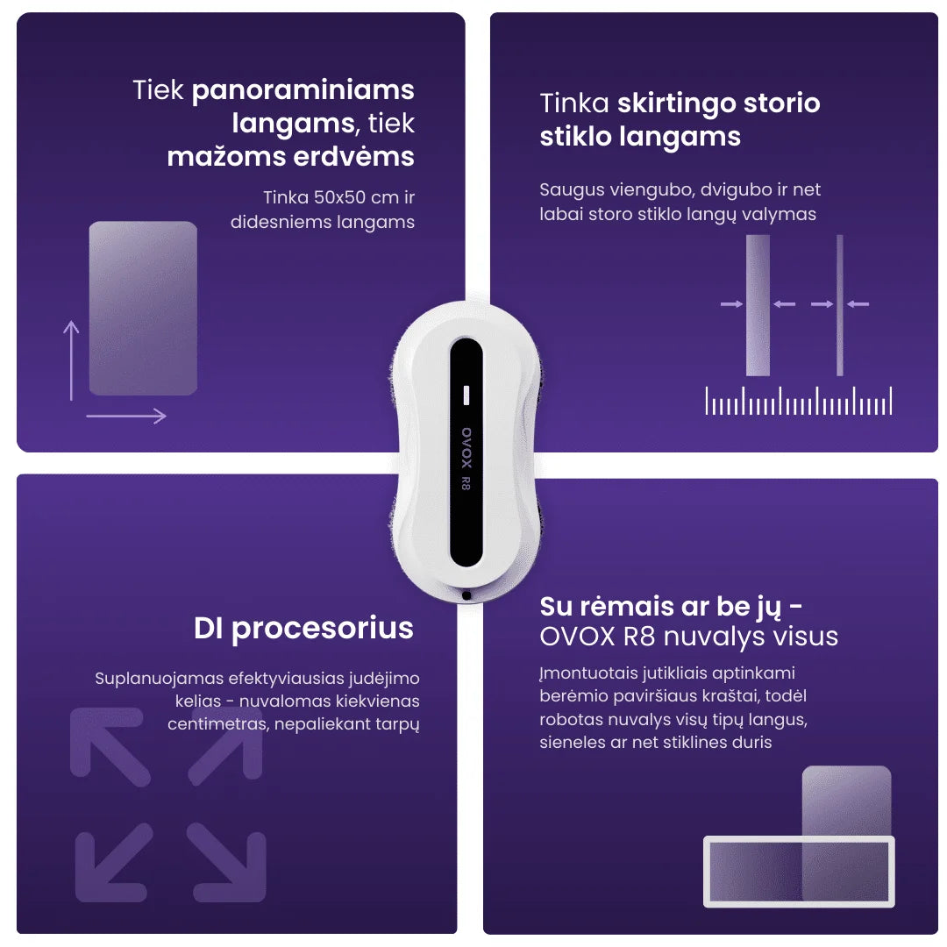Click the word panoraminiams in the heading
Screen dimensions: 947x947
303,91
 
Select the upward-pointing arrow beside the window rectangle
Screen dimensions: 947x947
71,360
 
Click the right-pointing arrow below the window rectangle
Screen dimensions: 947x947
126,416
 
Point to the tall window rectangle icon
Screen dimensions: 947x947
143,308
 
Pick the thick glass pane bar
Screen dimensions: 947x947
758,305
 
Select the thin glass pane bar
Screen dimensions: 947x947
839,305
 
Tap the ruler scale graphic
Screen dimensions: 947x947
799,401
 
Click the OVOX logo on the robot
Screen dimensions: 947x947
466,447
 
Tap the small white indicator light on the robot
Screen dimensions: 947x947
466,395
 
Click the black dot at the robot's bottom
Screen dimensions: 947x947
466,595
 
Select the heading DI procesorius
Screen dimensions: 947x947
303,628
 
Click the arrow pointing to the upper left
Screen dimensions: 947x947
110,746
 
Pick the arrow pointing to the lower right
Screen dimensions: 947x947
227,863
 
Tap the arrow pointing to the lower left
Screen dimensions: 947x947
113,863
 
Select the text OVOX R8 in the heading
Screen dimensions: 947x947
597,637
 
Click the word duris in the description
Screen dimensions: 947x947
752,743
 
